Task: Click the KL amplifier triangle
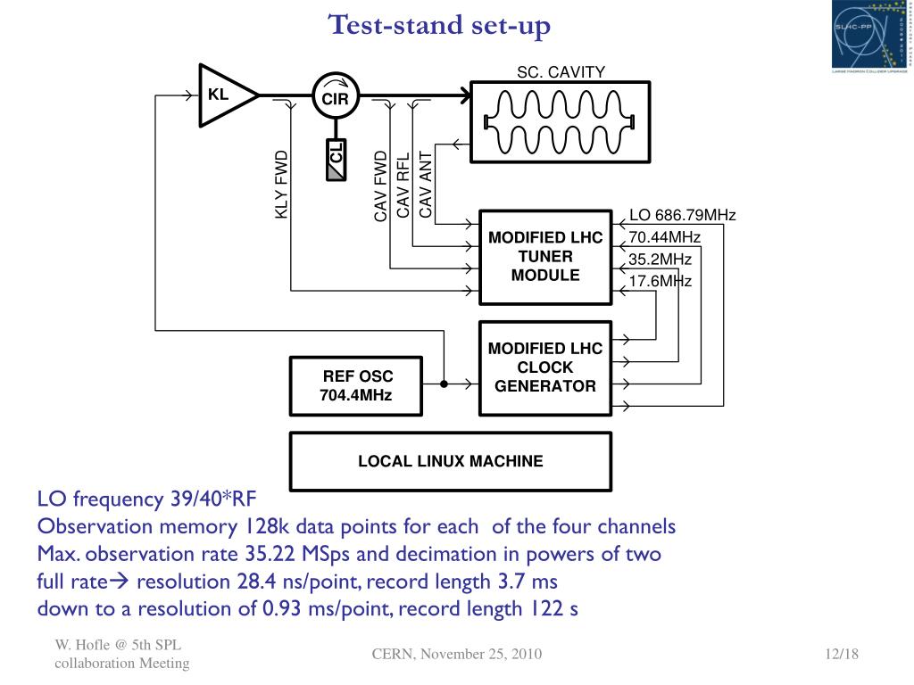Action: (x=223, y=94)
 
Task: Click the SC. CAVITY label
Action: (x=561, y=72)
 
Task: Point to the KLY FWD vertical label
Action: (x=282, y=183)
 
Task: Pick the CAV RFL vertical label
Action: (x=403, y=185)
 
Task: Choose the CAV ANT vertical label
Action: (x=426, y=185)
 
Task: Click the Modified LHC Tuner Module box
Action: (x=545, y=257)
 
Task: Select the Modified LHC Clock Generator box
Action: (x=545, y=367)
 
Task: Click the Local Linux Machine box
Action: (x=451, y=461)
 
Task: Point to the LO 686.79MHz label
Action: (x=682, y=215)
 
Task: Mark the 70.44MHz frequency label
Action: (x=665, y=237)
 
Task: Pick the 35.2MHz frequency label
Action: (x=661, y=260)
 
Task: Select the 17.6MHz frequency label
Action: (x=661, y=282)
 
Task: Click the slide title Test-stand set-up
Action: (x=439, y=25)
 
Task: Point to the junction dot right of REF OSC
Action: (x=444, y=385)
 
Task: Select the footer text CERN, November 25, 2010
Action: (x=457, y=655)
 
